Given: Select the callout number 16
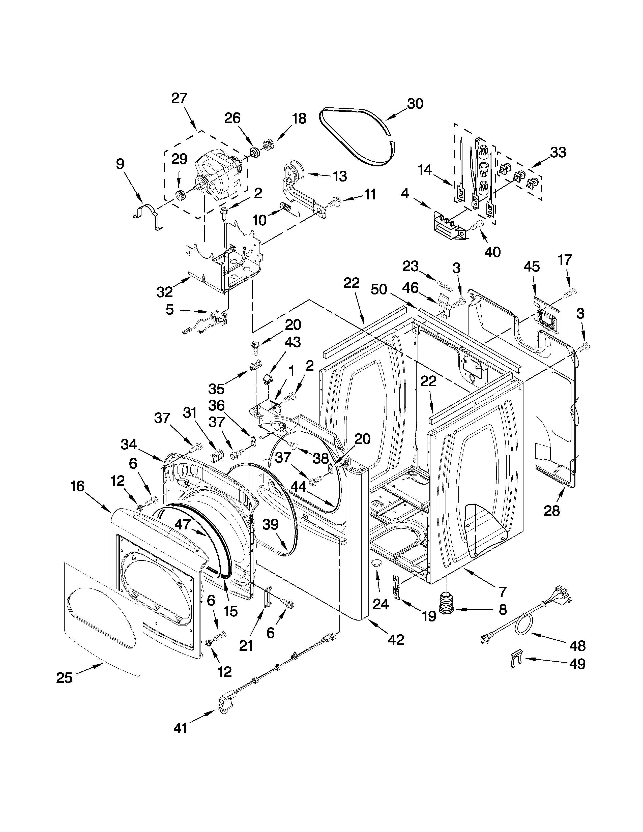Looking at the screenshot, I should tap(77, 487).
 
